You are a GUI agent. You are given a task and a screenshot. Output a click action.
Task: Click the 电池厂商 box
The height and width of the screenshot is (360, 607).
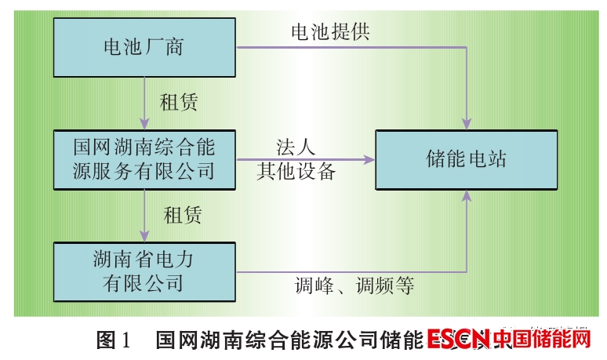pyautogui.click(x=145, y=47)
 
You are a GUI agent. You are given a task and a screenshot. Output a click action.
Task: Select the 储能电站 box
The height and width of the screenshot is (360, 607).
pyautogui.click(x=466, y=160)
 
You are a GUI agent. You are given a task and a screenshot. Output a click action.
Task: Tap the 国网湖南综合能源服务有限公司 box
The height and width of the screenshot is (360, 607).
pyautogui.click(x=145, y=159)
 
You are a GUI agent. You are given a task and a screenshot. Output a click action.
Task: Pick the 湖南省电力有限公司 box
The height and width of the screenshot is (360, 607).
pyautogui.click(x=145, y=271)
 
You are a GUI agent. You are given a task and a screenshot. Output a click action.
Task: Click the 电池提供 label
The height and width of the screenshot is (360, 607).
pyautogui.click(x=330, y=31)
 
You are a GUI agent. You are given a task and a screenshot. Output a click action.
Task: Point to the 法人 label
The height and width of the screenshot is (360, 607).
pyautogui.click(x=296, y=147)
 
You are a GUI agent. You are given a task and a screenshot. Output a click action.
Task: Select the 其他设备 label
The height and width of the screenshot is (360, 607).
pyautogui.click(x=296, y=171)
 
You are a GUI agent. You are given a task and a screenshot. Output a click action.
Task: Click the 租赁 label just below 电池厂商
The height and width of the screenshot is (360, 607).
pyautogui.click(x=179, y=102)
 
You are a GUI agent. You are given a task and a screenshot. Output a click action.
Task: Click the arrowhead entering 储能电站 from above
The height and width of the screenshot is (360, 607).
pyautogui.click(x=467, y=123)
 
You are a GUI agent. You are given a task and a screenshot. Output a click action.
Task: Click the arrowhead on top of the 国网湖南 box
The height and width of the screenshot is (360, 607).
pyautogui.click(x=145, y=125)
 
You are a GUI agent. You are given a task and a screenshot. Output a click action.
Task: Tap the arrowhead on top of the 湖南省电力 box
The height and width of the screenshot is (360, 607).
pyautogui.click(x=145, y=237)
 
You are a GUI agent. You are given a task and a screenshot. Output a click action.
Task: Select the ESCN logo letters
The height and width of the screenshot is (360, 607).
pyautogui.click(x=459, y=340)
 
